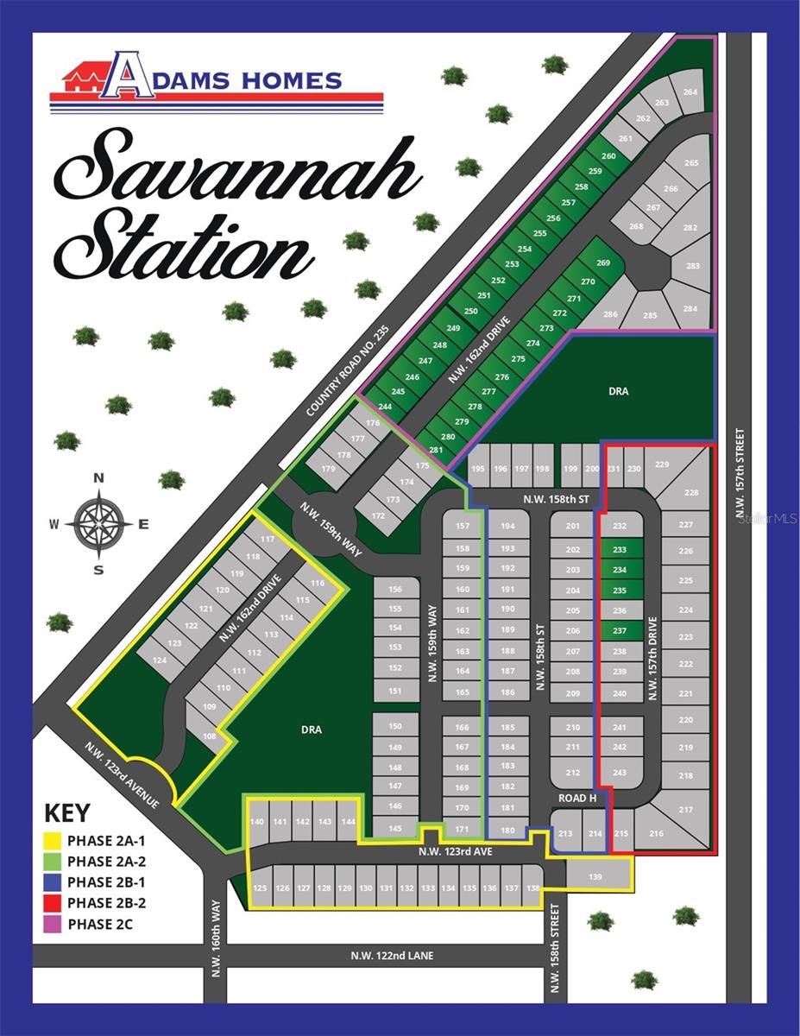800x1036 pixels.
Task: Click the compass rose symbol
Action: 98,523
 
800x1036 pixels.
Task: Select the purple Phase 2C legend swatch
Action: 52,925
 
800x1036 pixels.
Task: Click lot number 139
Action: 595,877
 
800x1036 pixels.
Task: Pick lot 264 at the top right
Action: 690,92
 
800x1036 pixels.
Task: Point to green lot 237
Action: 620,631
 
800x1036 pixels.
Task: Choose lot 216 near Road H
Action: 656,833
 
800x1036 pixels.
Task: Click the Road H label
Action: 577,798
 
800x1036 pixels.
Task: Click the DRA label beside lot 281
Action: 618,391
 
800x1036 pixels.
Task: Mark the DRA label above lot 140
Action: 312,730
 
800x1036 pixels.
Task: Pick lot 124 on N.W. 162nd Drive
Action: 159,660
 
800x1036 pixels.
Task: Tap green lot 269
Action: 603,263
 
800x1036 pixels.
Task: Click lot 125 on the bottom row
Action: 261,888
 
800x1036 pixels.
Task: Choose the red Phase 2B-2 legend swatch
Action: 52,904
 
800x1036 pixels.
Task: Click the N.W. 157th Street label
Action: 740,475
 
